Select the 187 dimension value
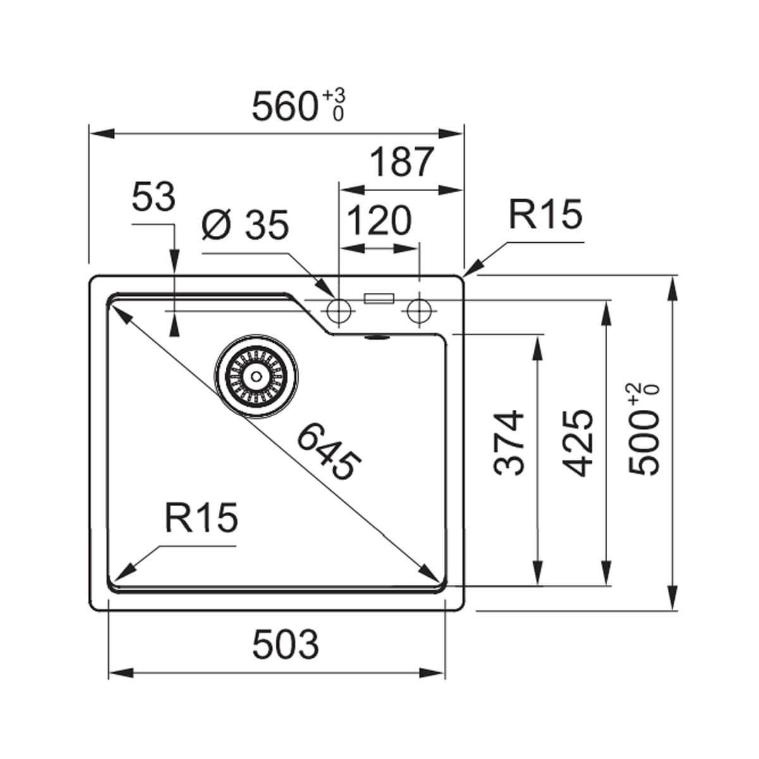(402, 163)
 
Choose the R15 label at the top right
(545, 214)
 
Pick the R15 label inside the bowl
(201, 518)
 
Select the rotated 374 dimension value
(510, 442)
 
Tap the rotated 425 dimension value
(579, 442)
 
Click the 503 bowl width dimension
(285, 645)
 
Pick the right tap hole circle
(418, 310)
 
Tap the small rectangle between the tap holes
(379, 299)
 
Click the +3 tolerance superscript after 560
(335, 96)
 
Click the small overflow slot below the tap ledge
(378, 338)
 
